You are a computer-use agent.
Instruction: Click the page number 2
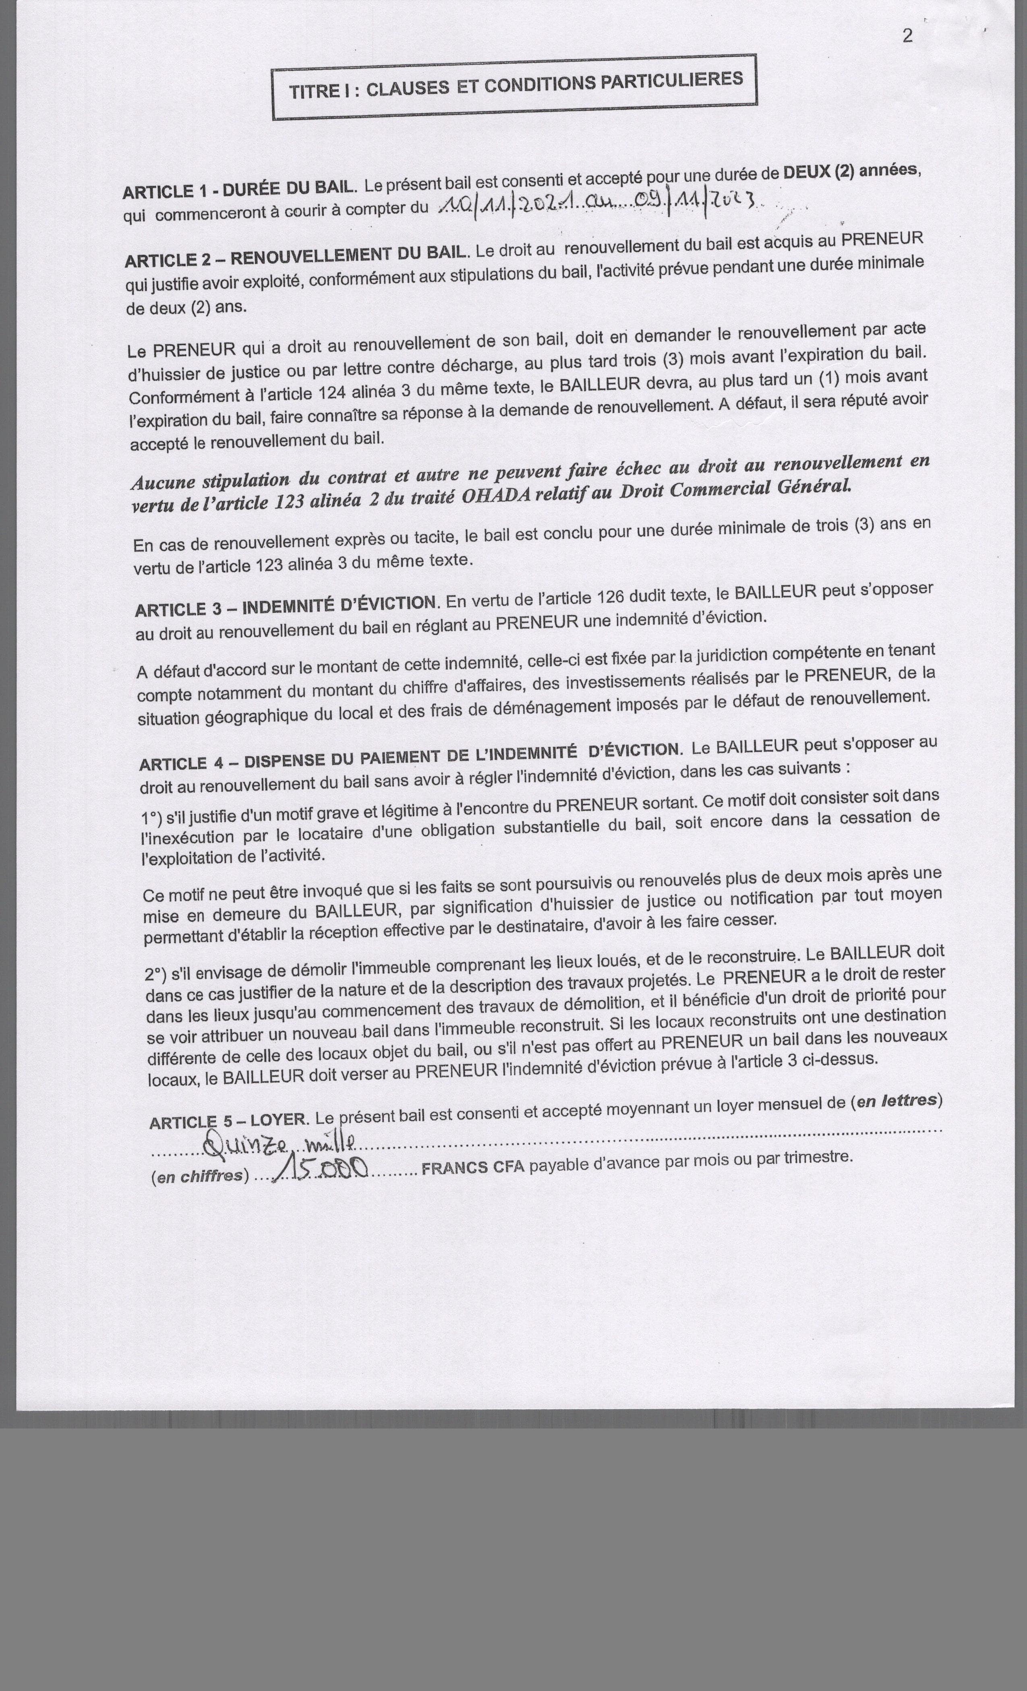(907, 36)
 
